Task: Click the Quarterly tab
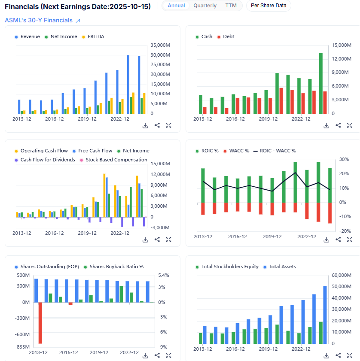205,6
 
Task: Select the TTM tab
231,6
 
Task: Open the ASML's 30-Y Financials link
42,20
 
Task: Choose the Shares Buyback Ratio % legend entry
113,267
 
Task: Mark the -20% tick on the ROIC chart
344,231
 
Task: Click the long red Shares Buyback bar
40,323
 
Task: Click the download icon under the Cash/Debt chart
326,125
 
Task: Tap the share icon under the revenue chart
157,125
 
